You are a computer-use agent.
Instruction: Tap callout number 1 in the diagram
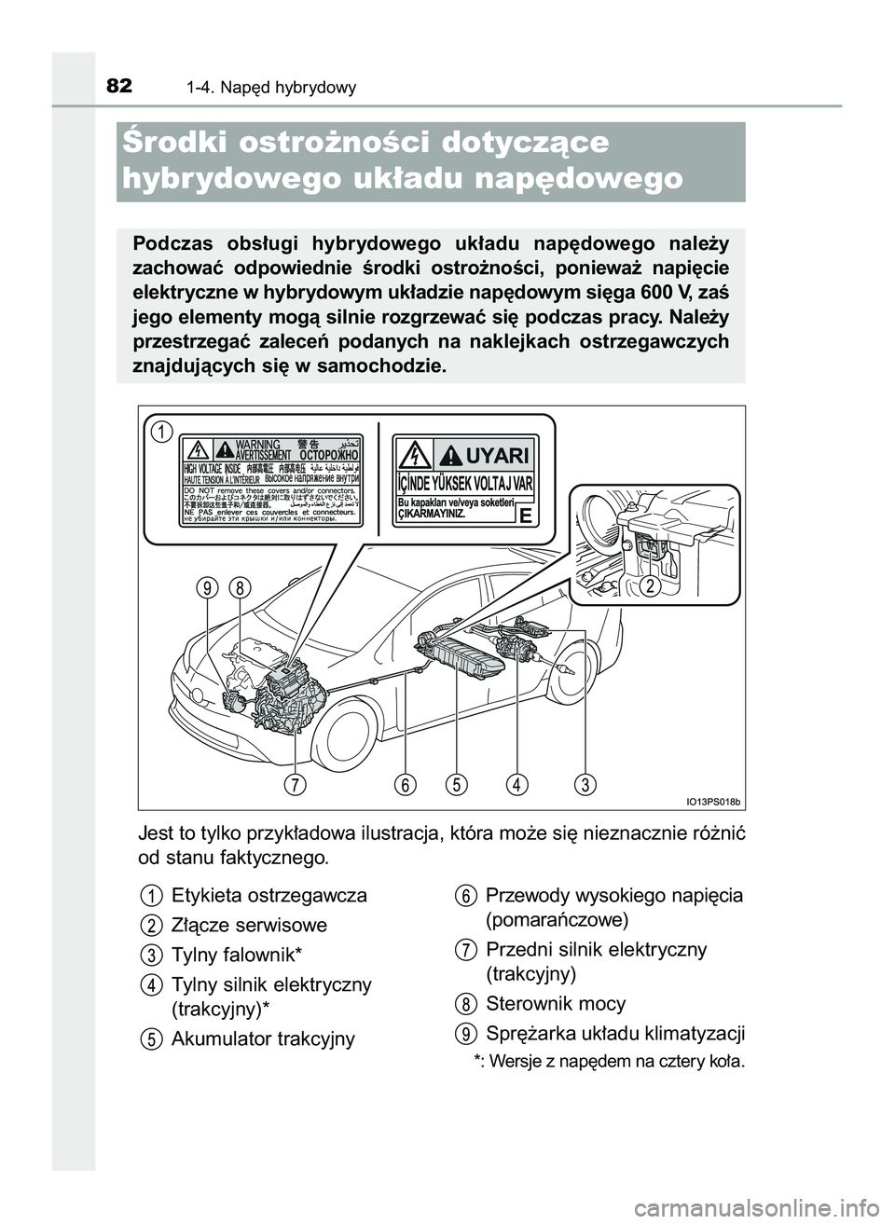tap(162, 432)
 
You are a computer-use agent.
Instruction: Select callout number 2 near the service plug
tap(651, 584)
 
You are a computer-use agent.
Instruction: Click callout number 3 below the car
tap(585, 784)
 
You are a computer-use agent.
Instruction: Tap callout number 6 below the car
tap(405, 784)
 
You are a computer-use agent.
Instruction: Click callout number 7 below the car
tap(296, 784)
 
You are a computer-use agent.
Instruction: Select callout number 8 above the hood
tap(240, 588)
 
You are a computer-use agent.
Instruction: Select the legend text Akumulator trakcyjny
tap(263, 1038)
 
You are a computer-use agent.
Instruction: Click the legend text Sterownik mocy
tap(556, 1004)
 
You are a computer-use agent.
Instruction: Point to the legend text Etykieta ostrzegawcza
tap(269, 896)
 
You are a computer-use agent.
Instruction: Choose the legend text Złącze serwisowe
tap(250, 926)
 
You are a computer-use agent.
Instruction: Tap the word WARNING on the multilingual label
tap(259, 444)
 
